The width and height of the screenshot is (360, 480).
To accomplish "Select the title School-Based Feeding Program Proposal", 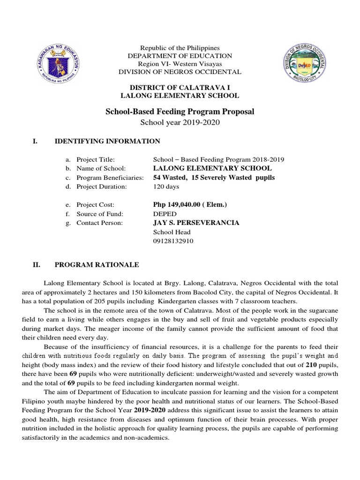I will click(x=180, y=112).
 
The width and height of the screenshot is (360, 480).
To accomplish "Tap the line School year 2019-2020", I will click(x=180, y=122).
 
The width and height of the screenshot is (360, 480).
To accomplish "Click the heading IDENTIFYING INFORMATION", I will click(x=107, y=141).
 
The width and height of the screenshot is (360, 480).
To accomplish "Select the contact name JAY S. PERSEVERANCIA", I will click(x=196, y=223).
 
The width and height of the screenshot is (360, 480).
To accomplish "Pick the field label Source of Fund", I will click(x=99, y=214).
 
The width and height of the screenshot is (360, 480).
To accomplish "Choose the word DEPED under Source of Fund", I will click(x=165, y=214).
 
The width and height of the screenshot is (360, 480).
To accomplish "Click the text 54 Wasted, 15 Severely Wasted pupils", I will click(x=214, y=178).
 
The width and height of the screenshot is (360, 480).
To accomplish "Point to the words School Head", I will click(x=172, y=232).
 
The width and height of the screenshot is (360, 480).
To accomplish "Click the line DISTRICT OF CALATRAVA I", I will click(x=180, y=88).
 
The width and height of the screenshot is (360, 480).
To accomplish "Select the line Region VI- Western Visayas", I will click(x=180, y=64).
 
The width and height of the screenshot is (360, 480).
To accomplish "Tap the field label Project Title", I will click(x=96, y=159).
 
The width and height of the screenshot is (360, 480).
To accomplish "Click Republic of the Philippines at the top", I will click(x=180, y=48).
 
